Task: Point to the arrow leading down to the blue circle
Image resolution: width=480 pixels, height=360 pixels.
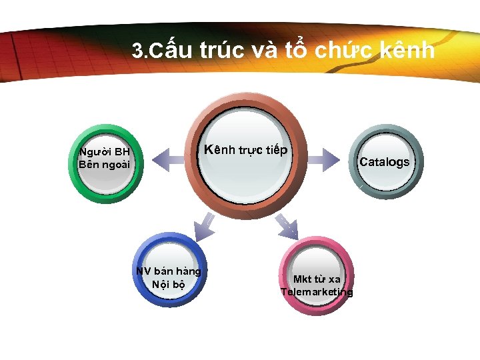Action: point(204,224)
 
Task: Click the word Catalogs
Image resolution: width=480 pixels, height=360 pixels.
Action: point(385,162)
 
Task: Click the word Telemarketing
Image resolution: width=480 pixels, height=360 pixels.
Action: point(317,292)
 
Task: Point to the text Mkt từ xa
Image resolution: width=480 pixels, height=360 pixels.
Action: point(317,279)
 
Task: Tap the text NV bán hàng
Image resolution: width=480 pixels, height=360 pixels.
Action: point(168,271)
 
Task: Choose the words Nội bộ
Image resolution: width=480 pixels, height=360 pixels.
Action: point(168,284)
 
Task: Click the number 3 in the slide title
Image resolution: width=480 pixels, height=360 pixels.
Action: point(138,51)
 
